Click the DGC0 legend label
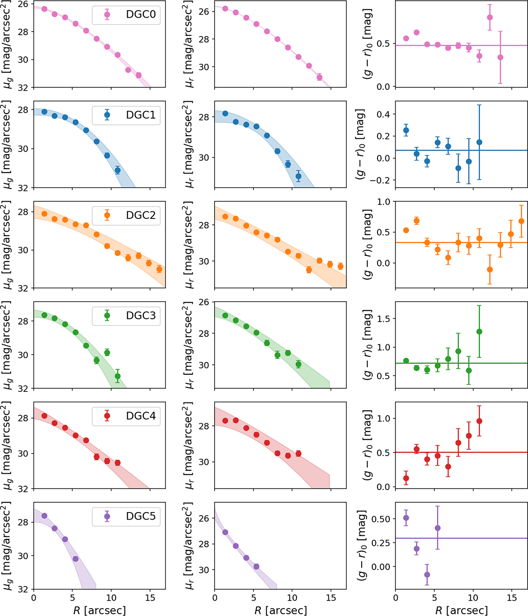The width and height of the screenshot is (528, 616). pos(141,15)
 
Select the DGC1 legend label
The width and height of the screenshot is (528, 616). pos(141,115)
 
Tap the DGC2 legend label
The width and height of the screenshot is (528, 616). pos(141,215)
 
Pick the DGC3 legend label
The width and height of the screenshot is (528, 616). pos(141,316)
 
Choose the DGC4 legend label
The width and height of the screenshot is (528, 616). pos(141,416)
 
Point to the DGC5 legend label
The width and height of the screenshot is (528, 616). pos(141,516)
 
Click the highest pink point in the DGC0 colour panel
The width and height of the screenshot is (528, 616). pos(490,18)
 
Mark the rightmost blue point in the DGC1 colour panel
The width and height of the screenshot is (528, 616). pos(479,142)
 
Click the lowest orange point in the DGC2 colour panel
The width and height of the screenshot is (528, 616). pos(490,269)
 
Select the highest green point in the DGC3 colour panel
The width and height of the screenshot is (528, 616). pos(479,332)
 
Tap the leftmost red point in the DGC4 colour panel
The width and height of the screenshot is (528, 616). pos(406,478)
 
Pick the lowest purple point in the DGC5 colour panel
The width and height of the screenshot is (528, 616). pos(427,575)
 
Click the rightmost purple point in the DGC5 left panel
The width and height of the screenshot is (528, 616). pos(75,559)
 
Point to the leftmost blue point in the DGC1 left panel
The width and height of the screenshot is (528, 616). pos(44,112)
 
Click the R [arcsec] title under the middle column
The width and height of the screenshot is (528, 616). pos(280,610)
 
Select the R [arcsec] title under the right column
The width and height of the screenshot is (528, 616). pos(462,610)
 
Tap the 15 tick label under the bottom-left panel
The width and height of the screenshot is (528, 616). pos(150,598)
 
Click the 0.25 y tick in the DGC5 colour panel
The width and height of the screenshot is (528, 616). pos(380,543)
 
